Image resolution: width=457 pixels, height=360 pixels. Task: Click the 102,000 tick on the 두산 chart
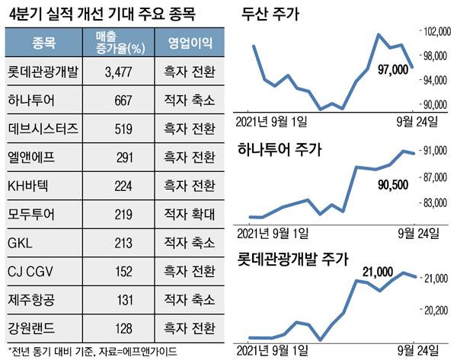pos(437,31)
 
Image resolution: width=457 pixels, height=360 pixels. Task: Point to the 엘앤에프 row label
pos(33,157)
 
